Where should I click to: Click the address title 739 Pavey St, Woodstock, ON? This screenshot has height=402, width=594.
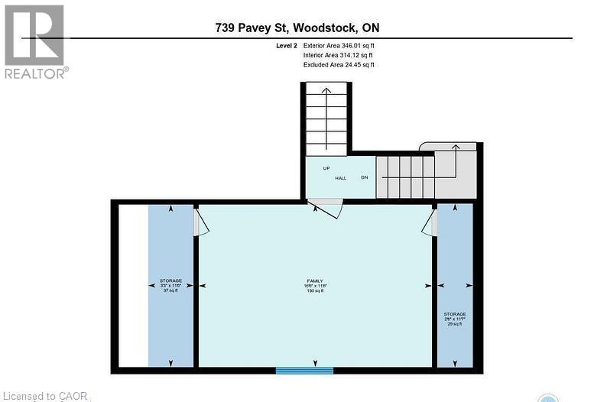coord(297,28)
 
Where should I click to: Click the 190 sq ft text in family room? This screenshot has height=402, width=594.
coord(310,291)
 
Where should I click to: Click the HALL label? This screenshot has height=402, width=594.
coord(340,178)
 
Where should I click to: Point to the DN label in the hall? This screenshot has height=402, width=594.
coord(365,178)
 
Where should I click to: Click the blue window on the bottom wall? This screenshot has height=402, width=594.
coord(304,371)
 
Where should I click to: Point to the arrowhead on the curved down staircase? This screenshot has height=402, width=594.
coord(456,147)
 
